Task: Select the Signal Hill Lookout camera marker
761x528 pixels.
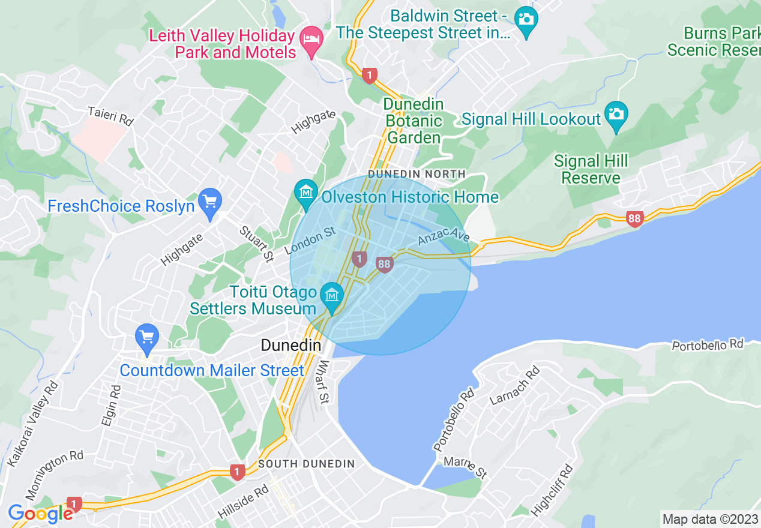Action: pyautogui.click(x=616, y=114)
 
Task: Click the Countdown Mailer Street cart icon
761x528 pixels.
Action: pyautogui.click(x=146, y=337)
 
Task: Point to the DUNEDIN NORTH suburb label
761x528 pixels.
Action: pyautogui.click(x=417, y=174)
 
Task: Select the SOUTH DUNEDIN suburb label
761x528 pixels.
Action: pyautogui.click(x=307, y=464)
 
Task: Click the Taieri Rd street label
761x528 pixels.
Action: pyautogui.click(x=110, y=116)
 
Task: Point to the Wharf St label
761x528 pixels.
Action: pyautogui.click(x=324, y=382)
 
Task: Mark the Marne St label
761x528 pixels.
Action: pyautogui.click(x=465, y=467)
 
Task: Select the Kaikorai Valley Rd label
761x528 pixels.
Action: pyautogui.click(x=32, y=424)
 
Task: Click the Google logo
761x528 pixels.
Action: pyautogui.click(x=41, y=514)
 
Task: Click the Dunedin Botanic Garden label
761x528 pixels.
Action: pyautogui.click(x=414, y=121)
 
